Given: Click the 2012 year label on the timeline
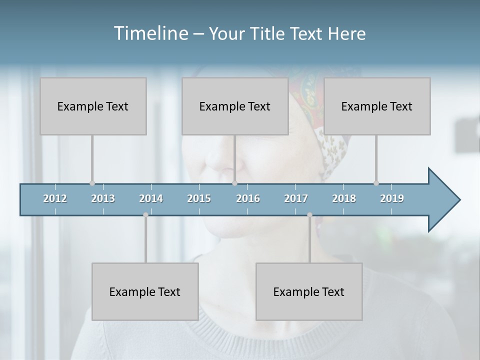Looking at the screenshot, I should pyautogui.click(x=55, y=198).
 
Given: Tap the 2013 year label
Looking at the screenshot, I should pyautogui.click(x=103, y=198).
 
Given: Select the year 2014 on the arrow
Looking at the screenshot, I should pyautogui.click(x=151, y=198).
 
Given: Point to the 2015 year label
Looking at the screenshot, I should pyautogui.click(x=199, y=198).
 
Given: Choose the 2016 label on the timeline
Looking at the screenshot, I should pyautogui.click(x=248, y=198).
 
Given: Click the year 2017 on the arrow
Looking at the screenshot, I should pyautogui.click(x=296, y=198).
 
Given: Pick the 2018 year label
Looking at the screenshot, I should pyautogui.click(x=344, y=198).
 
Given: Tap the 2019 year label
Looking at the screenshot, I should pyautogui.click(x=392, y=198).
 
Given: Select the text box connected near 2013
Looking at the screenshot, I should pyautogui.click(x=93, y=106).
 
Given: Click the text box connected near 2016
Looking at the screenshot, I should pyautogui.click(x=235, y=106).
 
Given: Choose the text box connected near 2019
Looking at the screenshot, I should pyautogui.click(x=377, y=106).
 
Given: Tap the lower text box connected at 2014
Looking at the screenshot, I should pyautogui.click(x=145, y=291).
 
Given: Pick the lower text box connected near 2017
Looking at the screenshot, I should pyautogui.click(x=309, y=291).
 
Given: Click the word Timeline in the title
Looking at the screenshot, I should pyautogui.click(x=150, y=33).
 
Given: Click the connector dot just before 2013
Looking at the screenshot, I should pyautogui.click(x=92, y=183).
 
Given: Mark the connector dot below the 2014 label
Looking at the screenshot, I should pyautogui.click(x=145, y=215).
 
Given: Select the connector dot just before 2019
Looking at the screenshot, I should pyautogui.click(x=376, y=183).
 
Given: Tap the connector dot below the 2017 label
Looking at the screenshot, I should pyautogui.click(x=309, y=215).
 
